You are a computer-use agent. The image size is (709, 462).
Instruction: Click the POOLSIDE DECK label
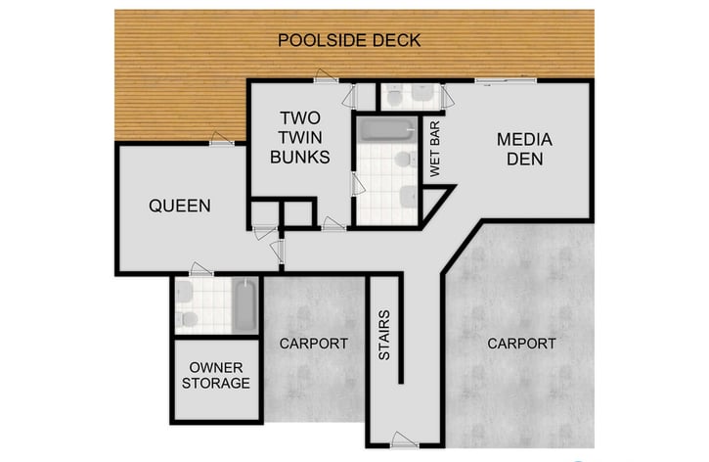click(349, 40)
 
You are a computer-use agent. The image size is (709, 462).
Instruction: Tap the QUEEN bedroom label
click(179, 206)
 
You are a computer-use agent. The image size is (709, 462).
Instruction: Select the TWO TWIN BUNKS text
click(299, 136)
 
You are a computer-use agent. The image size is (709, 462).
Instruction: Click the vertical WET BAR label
click(435, 149)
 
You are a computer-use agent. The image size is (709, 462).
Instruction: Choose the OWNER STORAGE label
click(215, 375)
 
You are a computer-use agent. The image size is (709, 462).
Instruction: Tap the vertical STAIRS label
click(384, 335)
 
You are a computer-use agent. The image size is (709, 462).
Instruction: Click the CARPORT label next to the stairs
click(313, 344)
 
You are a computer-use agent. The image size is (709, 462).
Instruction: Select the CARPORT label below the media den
click(521, 344)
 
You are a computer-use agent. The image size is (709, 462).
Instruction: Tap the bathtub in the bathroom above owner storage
click(244, 304)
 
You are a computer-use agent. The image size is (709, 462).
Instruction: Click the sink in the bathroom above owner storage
click(184, 292)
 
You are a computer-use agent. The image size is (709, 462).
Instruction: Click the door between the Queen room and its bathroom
click(200, 269)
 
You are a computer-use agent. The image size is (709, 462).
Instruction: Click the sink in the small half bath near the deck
click(423, 95)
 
